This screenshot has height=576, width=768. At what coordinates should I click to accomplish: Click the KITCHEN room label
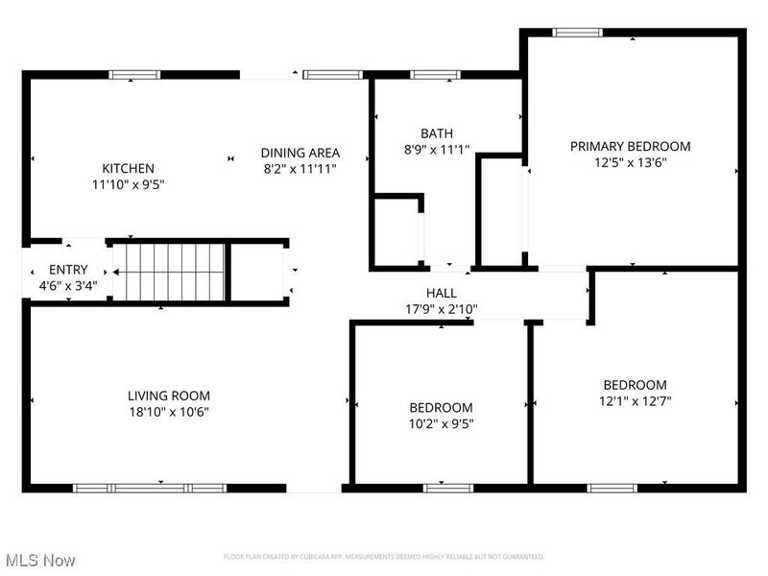click(128, 168)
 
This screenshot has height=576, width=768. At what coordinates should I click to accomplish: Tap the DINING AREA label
click(300, 153)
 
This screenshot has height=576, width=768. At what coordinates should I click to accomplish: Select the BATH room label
click(437, 133)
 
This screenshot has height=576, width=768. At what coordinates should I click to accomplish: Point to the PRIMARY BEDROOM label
click(630, 146)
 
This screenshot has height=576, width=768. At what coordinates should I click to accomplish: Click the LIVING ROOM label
click(169, 396)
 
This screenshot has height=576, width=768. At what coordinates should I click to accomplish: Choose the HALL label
click(442, 293)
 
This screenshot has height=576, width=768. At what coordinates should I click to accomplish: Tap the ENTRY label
click(67, 270)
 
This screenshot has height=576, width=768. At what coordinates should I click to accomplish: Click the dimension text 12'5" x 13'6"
click(630, 162)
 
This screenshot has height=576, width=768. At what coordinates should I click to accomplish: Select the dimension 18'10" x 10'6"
click(169, 412)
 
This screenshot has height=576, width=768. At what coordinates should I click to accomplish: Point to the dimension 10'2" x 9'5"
click(441, 423)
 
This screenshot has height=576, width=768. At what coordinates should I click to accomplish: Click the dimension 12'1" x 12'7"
click(635, 401)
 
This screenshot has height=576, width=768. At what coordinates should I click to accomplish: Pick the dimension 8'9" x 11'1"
click(437, 150)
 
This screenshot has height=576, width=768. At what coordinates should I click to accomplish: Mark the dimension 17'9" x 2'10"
click(442, 309)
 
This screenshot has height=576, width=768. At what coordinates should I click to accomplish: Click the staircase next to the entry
click(169, 272)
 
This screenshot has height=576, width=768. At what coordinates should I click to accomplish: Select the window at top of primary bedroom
click(578, 33)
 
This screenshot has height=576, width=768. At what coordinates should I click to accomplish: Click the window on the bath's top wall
click(423, 74)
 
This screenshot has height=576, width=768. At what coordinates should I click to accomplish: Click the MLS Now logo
click(40, 560)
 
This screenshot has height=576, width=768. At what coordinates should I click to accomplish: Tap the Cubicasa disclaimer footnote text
click(384, 557)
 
